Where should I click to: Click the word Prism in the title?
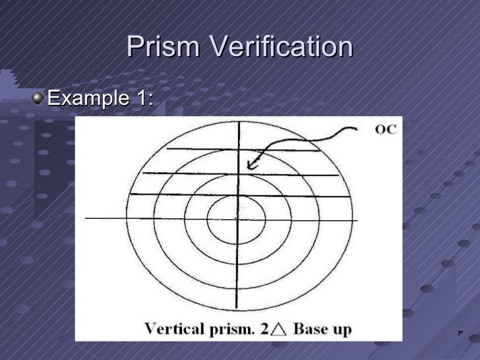(x=161, y=47)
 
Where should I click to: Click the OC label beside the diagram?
(x=386, y=129)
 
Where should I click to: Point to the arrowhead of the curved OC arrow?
(x=251, y=167)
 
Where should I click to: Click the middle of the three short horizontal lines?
(x=241, y=174)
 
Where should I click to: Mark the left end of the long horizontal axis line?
(x=86, y=218)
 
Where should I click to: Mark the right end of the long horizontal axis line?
(x=357, y=220)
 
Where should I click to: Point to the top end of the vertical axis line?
(x=238, y=123)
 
